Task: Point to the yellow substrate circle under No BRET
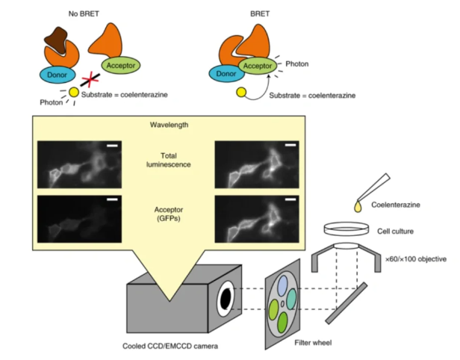click(x=73, y=93)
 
